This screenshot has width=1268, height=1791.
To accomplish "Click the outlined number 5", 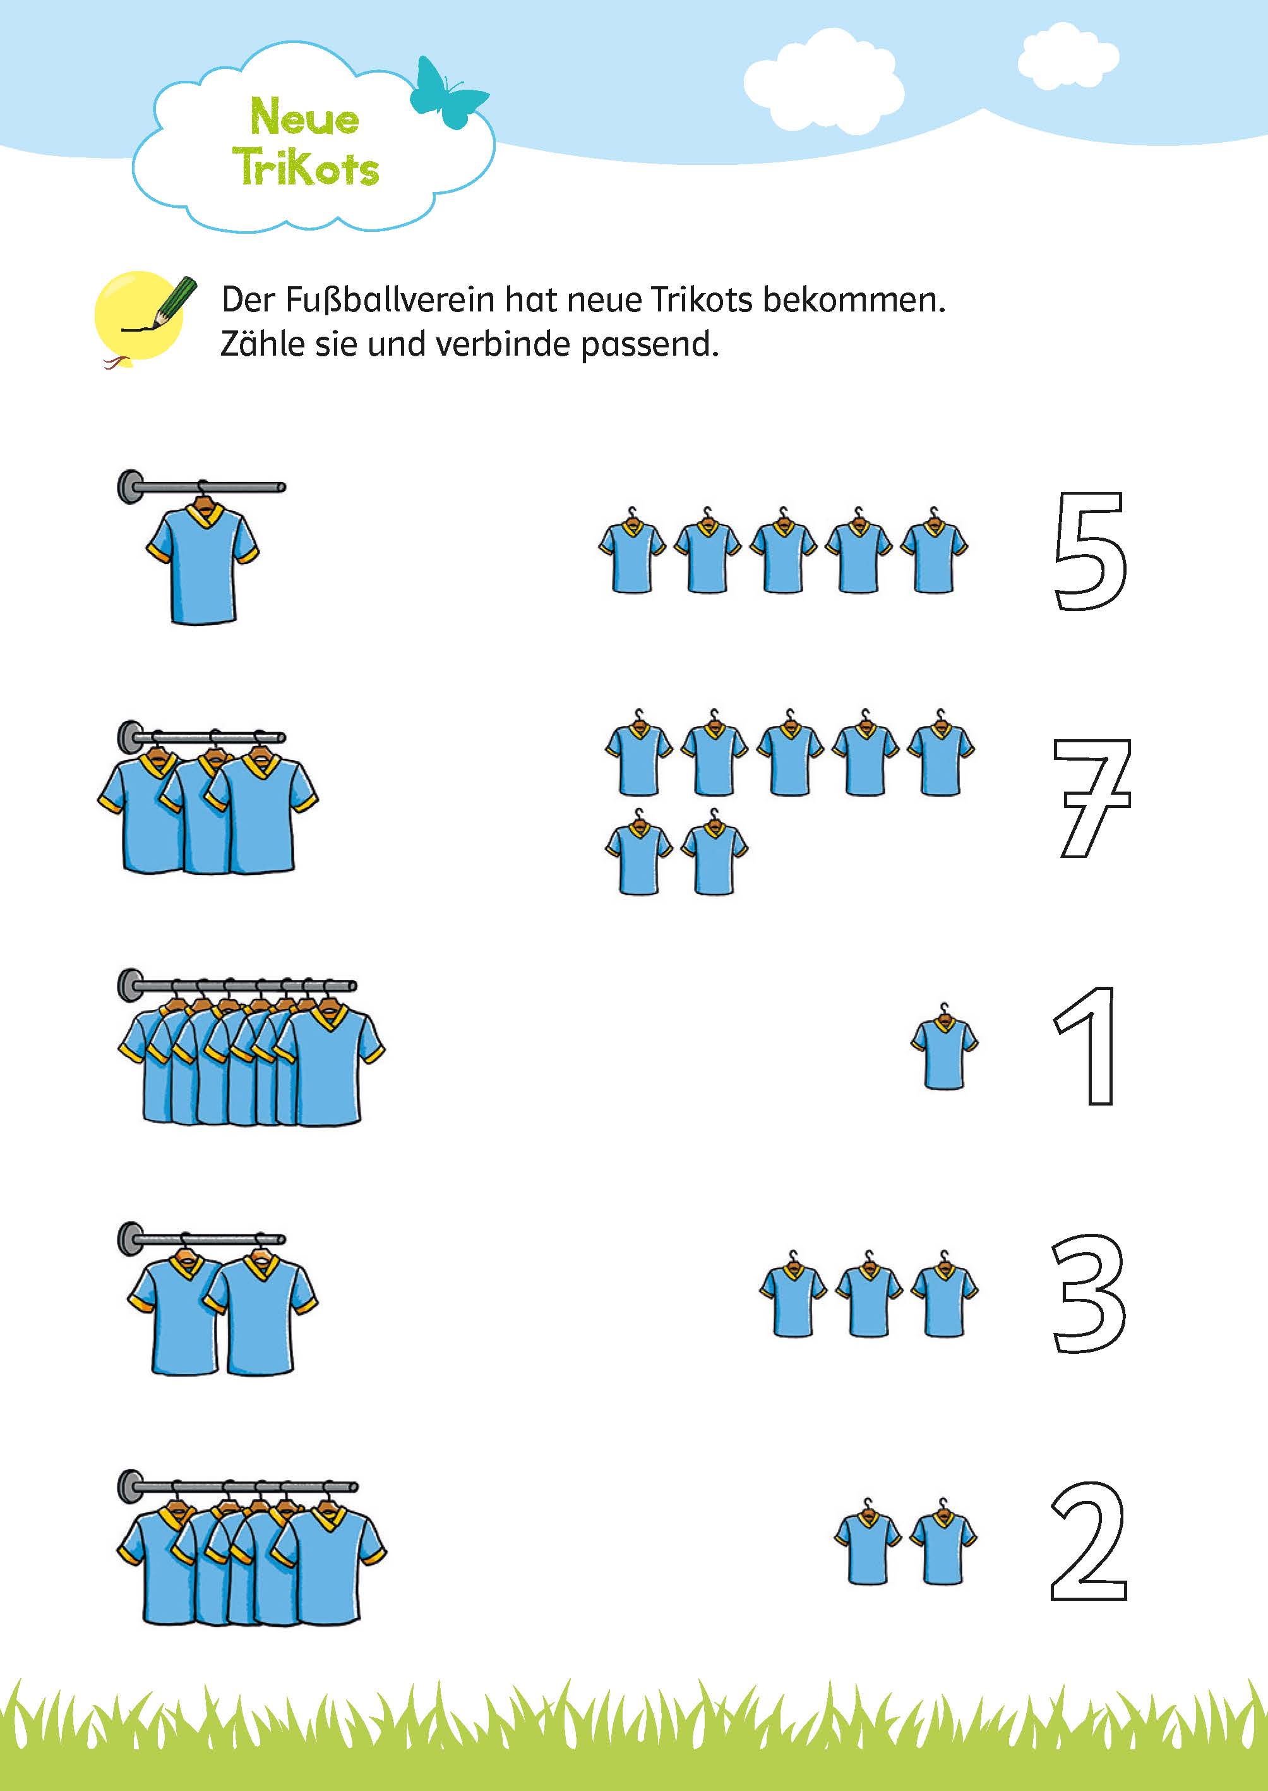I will [1089, 552].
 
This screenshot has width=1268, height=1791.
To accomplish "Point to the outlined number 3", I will [1089, 1293].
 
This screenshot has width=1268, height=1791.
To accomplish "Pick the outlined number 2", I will [1089, 1540].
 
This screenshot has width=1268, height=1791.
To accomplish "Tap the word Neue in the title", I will [304, 117].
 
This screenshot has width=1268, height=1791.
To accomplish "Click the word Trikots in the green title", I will [306, 166].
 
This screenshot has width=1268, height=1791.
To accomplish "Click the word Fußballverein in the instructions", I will [389, 300].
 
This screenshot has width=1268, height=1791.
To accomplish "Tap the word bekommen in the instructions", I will [853, 300].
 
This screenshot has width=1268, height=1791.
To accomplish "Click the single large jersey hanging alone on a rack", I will [202, 562].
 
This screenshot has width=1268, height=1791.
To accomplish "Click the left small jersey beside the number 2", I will [868, 1546].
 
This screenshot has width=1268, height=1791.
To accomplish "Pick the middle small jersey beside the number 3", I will [868, 1298].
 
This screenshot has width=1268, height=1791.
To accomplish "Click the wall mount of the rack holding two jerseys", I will [130, 1239].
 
